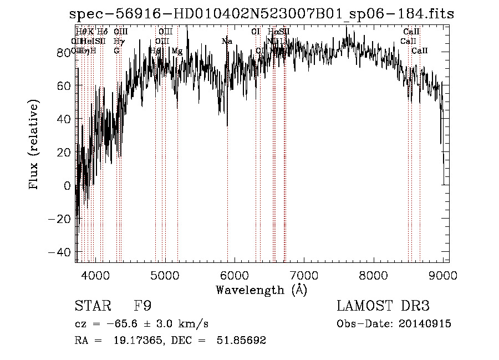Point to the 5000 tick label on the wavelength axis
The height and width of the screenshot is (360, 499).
tap(165, 276)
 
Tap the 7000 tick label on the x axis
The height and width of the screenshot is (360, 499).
tap(304, 276)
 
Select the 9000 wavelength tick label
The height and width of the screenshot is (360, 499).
tap(442, 276)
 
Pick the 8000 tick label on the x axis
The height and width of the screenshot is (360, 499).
tap(373, 276)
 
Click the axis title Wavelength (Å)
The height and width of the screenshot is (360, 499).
tap(261, 290)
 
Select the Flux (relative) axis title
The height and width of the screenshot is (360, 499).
tap(34, 145)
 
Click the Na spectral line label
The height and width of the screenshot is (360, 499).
tap(227, 41)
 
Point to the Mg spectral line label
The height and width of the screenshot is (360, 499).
tap(177, 51)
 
